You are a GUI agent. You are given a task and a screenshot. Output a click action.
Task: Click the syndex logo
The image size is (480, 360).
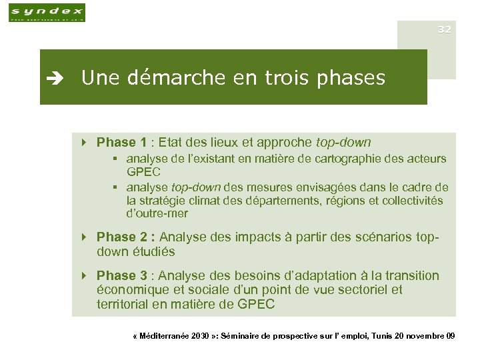[x=47, y=12]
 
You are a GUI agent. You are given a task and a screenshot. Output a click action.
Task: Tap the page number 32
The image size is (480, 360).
[x=445, y=29]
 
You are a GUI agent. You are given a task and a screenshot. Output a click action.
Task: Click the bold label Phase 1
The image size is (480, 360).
[x=121, y=142]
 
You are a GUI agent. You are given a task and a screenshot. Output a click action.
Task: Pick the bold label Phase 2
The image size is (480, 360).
[x=125, y=237]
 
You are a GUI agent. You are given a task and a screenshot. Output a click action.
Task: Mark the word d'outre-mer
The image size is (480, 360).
[x=157, y=214]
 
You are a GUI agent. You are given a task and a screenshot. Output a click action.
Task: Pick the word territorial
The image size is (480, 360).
[x=123, y=305]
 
